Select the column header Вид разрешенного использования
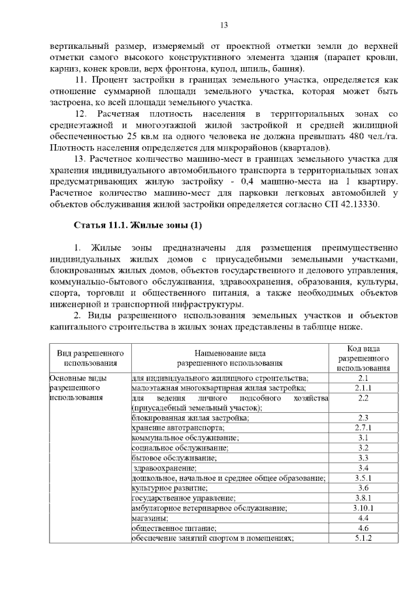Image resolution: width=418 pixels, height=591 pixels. (x=90, y=357)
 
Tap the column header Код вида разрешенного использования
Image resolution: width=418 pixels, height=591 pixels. (x=364, y=357)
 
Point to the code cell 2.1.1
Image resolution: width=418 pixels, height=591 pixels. (x=364, y=388)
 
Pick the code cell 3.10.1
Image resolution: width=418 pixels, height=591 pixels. (x=364, y=508)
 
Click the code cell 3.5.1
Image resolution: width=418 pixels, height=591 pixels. (x=364, y=477)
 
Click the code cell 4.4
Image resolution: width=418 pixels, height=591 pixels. (x=364, y=518)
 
